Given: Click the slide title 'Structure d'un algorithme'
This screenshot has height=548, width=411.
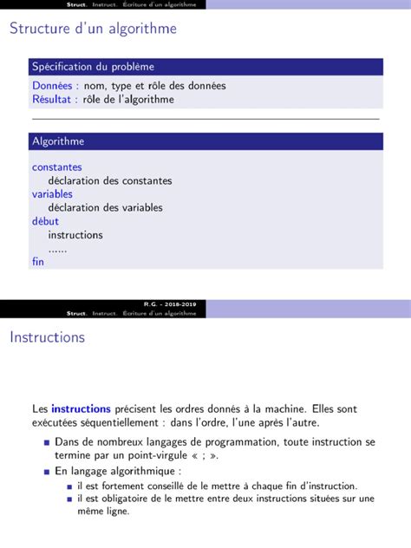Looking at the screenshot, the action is click(x=93, y=29).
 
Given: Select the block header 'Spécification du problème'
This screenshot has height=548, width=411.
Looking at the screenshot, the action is click(x=94, y=67).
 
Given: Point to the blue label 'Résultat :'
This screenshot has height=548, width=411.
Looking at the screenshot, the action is click(x=55, y=99).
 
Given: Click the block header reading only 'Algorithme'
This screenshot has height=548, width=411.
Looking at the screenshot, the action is click(x=58, y=141).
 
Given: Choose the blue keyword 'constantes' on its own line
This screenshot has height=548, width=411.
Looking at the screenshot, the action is click(x=57, y=166).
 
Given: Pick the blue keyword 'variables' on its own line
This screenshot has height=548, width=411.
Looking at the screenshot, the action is click(x=52, y=194).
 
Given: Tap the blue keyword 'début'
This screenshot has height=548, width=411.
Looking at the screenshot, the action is click(x=46, y=221).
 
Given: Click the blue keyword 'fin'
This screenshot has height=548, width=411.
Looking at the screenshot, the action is click(x=38, y=261).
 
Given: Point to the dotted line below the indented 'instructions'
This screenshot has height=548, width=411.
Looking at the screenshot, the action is click(x=57, y=249).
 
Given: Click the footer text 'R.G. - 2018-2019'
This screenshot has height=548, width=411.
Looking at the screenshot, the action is click(x=170, y=304).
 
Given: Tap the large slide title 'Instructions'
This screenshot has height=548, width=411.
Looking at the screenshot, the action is click(x=47, y=336).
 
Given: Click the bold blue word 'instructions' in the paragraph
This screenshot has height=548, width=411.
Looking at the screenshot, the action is click(x=81, y=408).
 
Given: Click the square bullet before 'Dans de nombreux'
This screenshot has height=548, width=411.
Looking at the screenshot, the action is click(x=46, y=443).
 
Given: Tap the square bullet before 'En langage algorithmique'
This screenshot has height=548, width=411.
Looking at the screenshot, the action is click(x=46, y=472).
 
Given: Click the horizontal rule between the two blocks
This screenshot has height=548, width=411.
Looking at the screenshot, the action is click(x=205, y=118).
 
